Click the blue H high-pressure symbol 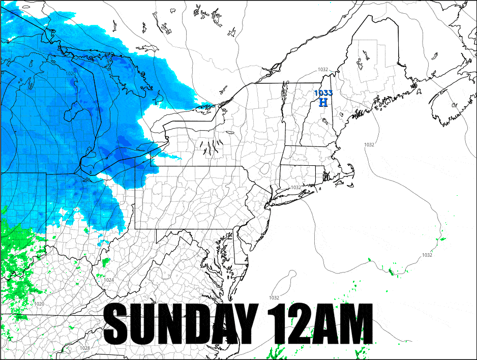(x=323, y=102)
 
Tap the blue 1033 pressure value (x=323, y=93)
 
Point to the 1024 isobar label (x=109, y=280)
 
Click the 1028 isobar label (x=85, y=348)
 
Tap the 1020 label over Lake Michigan (x=70, y=74)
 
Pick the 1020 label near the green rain (x=39, y=304)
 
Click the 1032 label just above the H (x=323, y=70)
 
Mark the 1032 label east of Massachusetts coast (x=369, y=145)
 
